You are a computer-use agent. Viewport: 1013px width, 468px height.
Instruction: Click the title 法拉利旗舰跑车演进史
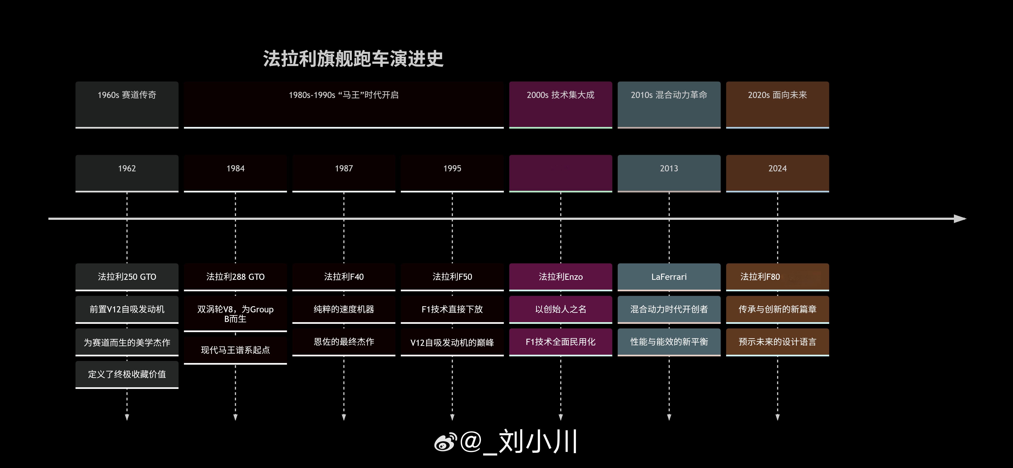(353, 59)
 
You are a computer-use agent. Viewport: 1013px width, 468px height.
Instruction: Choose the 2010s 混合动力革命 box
(669, 105)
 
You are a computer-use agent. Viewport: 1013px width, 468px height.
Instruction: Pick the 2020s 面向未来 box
(778, 105)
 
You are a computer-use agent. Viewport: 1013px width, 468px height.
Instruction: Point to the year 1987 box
(344, 173)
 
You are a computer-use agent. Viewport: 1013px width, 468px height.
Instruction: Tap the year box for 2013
(669, 173)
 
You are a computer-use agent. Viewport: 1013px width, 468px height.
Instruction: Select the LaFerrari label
(669, 277)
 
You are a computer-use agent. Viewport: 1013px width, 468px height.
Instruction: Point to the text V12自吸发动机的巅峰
(452, 343)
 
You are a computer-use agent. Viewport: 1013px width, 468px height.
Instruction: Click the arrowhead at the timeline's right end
(961, 219)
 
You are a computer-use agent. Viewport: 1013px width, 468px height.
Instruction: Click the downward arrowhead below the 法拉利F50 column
(452, 417)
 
